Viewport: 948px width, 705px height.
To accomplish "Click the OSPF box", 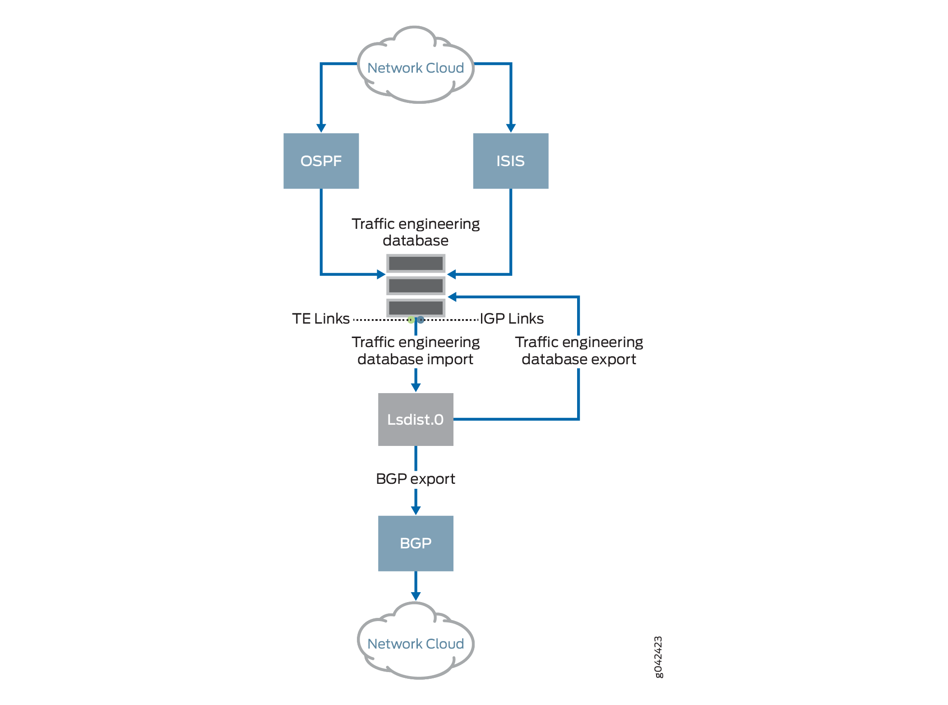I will [x=321, y=161].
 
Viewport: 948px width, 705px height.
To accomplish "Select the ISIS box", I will [x=510, y=161].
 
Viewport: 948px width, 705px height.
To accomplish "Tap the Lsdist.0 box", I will [x=415, y=419].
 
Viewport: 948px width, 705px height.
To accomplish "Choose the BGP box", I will [x=415, y=543].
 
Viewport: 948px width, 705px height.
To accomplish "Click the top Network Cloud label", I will [x=415, y=68].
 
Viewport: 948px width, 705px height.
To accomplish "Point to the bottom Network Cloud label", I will [x=415, y=644].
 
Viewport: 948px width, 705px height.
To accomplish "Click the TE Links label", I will [x=320, y=319].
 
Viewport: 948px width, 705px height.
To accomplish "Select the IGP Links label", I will [x=512, y=319].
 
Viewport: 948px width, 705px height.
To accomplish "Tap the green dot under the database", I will [x=411, y=320].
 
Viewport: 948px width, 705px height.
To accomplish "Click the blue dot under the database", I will [x=421, y=320].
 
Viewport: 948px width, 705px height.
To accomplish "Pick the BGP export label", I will [x=415, y=478].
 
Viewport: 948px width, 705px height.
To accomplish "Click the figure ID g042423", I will [x=658, y=657].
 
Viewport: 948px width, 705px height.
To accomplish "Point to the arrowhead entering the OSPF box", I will [x=321, y=128].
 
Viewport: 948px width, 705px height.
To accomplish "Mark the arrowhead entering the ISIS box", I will [x=511, y=128].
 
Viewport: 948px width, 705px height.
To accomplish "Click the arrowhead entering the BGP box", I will [x=416, y=510].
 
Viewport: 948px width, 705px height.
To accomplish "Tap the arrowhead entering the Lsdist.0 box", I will [x=416, y=387].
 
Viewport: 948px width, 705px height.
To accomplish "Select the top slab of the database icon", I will [x=416, y=263].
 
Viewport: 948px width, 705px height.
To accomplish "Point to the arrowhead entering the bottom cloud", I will [x=416, y=596].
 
